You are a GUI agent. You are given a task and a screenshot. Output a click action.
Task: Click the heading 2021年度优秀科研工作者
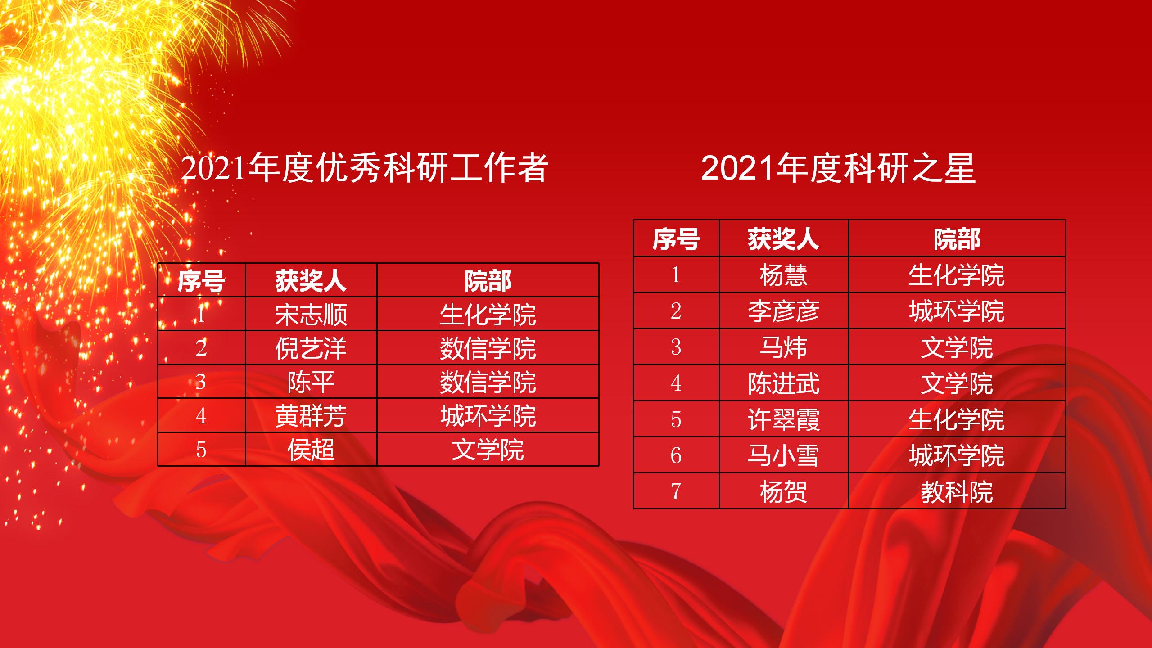click(x=365, y=168)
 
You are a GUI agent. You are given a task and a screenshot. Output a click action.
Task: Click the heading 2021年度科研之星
click(x=838, y=168)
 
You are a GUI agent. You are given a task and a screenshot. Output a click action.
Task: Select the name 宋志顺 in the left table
click(x=311, y=314)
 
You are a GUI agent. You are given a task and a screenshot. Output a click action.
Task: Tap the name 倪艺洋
click(x=311, y=348)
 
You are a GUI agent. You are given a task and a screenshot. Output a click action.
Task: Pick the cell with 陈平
click(x=311, y=382)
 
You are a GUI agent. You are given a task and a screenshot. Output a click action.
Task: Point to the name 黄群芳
click(x=311, y=416)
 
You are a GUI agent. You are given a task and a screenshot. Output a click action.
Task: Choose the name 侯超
click(x=311, y=450)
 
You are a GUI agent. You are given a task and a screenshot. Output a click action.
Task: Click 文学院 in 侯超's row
click(x=488, y=450)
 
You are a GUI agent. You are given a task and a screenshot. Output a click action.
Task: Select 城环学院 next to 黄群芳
click(x=488, y=416)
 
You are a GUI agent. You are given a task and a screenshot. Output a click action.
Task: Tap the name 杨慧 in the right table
click(x=784, y=275)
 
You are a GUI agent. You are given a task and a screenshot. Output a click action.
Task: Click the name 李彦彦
click(x=784, y=311)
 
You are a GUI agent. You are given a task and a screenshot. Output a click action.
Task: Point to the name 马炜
click(x=784, y=347)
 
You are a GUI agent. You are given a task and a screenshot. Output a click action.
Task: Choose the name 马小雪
click(x=784, y=455)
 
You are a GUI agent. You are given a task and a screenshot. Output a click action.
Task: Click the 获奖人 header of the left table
click(x=311, y=281)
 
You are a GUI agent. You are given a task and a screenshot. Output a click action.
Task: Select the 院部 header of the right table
click(x=957, y=239)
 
